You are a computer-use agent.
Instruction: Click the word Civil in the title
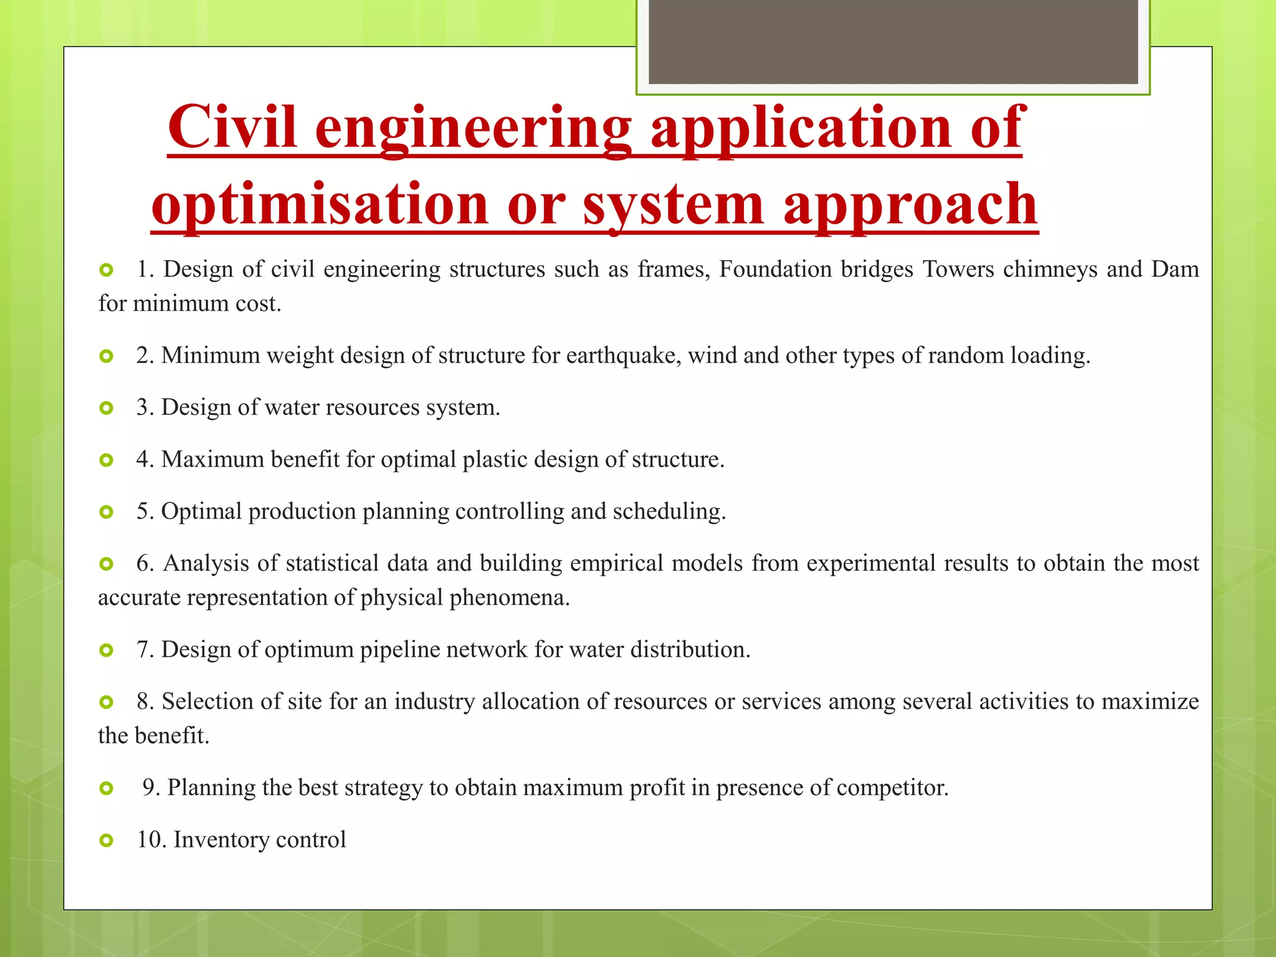pos(232,128)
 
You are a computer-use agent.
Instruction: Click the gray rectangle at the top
pos(893,42)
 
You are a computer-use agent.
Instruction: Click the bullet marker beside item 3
pos(107,409)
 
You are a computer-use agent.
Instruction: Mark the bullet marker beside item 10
pos(107,841)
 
